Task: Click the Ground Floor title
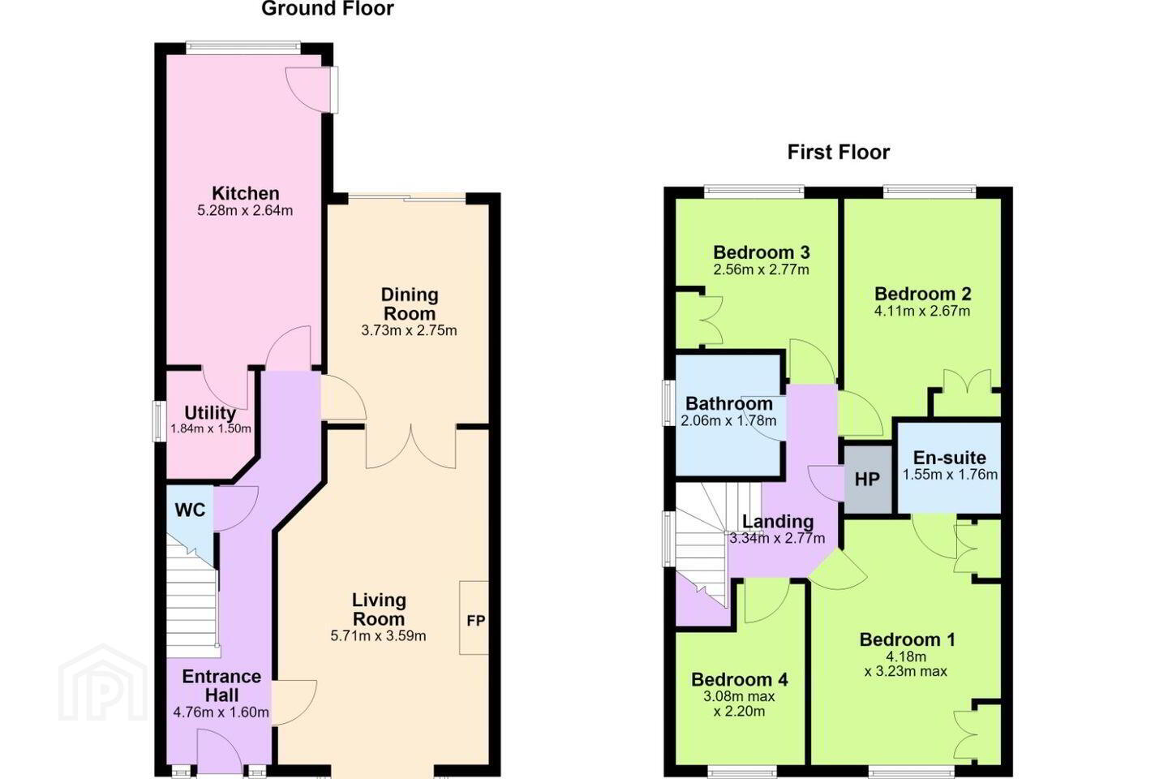tap(328, 9)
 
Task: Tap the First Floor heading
tap(839, 153)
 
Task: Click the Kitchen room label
tap(246, 194)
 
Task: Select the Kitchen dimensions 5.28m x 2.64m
tap(245, 211)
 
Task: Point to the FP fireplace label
tap(475, 621)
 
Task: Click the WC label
tap(190, 510)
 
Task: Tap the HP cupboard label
tap(867, 479)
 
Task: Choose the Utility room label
tap(210, 413)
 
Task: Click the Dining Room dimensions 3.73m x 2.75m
tap(410, 331)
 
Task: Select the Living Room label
tap(379, 609)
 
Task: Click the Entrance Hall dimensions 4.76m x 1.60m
tap(221, 712)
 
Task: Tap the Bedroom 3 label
tap(762, 252)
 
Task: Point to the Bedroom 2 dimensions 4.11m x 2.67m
tap(922, 312)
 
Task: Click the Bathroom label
tap(729, 403)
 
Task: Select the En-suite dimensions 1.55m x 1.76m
tap(950, 475)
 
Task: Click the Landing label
tap(778, 521)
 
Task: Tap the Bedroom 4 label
tap(740, 679)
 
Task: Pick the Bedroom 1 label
tap(908, 639)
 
